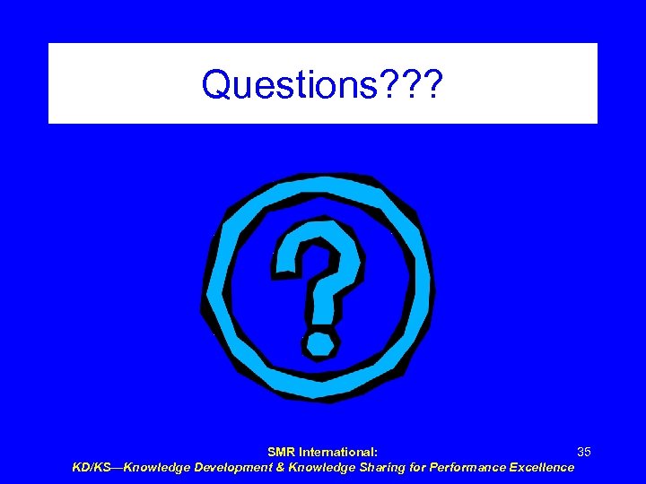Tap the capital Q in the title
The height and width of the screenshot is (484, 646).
[218, 84]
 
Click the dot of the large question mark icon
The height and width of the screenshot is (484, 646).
[319, 341]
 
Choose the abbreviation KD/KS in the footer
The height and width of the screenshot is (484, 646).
[92, 467]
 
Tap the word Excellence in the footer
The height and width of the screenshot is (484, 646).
[541, 467]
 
